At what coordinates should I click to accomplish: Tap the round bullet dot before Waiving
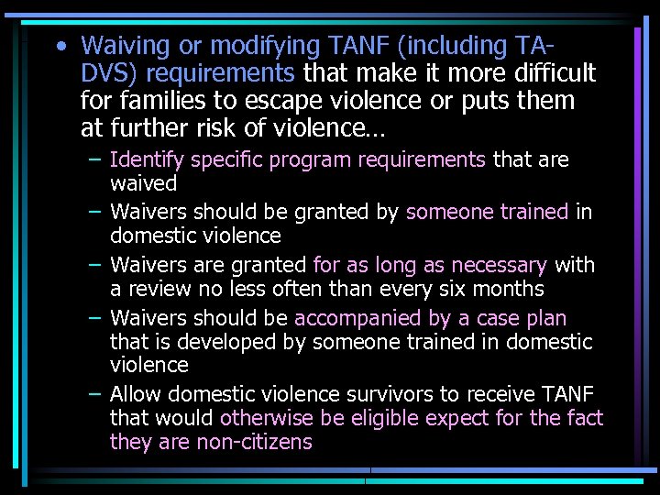pyautogui.click(x=60, y=46)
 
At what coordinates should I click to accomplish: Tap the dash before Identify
pyautogui.click(x=94, y=159)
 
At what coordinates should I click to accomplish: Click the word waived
pyautogui.click(x=143, y=183)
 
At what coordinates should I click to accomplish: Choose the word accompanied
pyautogui.click(x=357, y=318)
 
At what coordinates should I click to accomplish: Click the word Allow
pyautogui.click(x=136, y=394)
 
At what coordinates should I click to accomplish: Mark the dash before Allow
pyautogui.click(x=94, y=394)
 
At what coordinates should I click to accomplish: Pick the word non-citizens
pyautogui.click(x=255, y=442)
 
